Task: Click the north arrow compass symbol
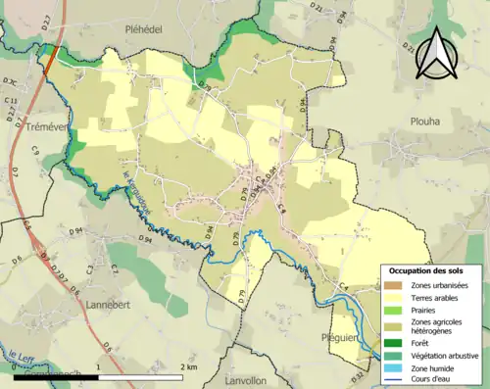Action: pos(438,53)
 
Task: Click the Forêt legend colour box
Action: pos(393,341)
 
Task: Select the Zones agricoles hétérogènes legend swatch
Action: pos(393,325)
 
